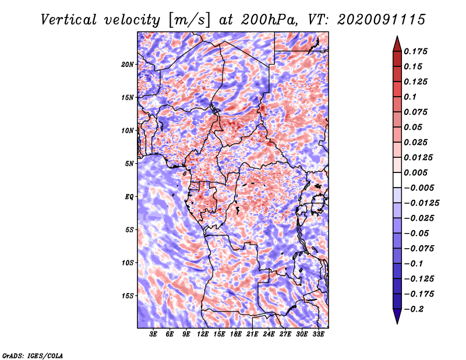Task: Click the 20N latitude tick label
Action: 128,64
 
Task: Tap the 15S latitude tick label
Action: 128,295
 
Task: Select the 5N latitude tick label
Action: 129,163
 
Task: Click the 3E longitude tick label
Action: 153,334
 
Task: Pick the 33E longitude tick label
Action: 319,334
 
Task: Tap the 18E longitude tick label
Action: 236,334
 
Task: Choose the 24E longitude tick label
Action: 269,334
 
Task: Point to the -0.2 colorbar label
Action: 416,309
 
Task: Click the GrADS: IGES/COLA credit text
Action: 32,355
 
